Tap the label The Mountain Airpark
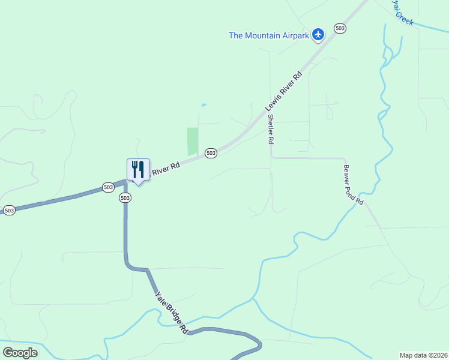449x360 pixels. point(269,35)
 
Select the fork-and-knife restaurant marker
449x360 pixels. point(138,170)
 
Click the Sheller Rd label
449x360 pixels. point(271,129)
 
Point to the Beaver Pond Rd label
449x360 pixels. point(354,185)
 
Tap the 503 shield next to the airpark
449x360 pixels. point(340,28)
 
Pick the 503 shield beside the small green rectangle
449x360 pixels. point(211,153)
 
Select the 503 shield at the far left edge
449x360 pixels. point(9,211)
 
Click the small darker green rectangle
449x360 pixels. point(193,142)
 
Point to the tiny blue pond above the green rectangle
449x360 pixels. point(203,106)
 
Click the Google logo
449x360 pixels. point(20,353)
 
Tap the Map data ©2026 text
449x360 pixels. point(423,355)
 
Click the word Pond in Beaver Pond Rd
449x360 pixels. point(354,186)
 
